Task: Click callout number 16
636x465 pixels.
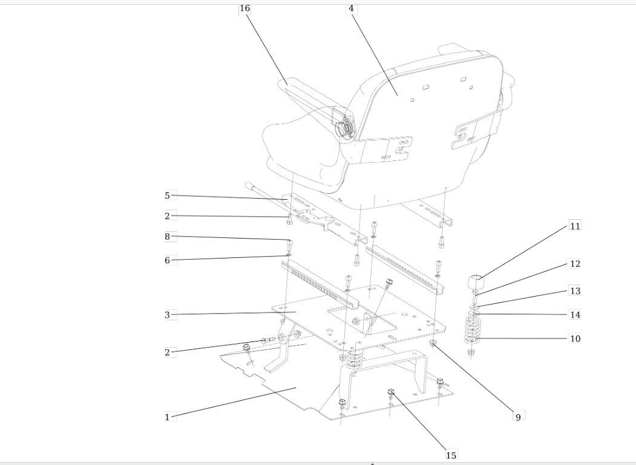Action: pyautogui.click(x=244, y=8)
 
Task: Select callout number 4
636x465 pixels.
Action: pyautogui.click(x=351, y=8)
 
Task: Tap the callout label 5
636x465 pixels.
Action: pyautogui.click(x=168, y=196)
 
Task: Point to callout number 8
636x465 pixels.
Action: pyautogui.click(x=168, y=237)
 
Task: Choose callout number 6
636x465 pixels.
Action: pyautogui.click(x=168, y=260)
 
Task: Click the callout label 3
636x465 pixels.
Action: pyautogui.click(x=168, y=314)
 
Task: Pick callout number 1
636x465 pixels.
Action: pyautogui.click(x=167, y=417)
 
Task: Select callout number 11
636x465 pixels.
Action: pyautogui.click(x=575, y=226)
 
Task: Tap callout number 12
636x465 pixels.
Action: pyautogui.click(x=575, y=264)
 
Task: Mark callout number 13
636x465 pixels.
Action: pyautogui.click(x=575, y=291)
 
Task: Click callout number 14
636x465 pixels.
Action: pyautogui.click(x=575, y=314)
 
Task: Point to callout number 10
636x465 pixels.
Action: pyautogui.click(x=575, y=338)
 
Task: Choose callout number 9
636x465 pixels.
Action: pyautogui.click(x=518, y=417)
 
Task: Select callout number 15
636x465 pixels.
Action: pyautogui.click(x=451, y=455)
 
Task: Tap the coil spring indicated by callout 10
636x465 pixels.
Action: pyautogui.click(x=472, y=329)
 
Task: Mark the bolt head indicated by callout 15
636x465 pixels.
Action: pyautogui.click(x=391, y=392)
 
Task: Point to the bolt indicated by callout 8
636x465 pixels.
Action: pyautogui.click(x=290, y=245)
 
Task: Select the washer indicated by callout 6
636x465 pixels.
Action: pyautogui.click(x=289, y=255)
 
